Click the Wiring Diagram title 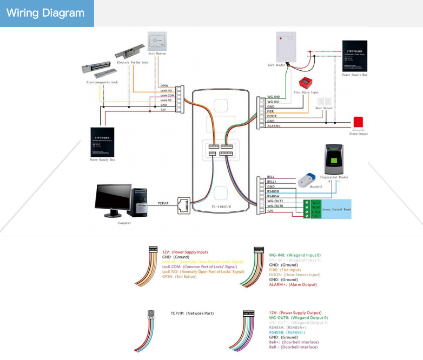[x=45, y=13]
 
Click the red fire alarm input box [x=306, y=84]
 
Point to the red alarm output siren [x=358, y=123]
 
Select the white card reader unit [x=286, y=48]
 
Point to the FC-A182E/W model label [x=222, y=207]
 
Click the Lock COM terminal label [x=167, y=95]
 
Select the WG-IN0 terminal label [x=274, y=97]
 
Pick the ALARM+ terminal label [x=274, y=126]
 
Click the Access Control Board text [x=337, y=208]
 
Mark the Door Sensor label [x=324, y=108]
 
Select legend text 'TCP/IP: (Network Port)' [x=192, y=313]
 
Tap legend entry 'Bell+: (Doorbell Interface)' [x=294, y=342]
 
